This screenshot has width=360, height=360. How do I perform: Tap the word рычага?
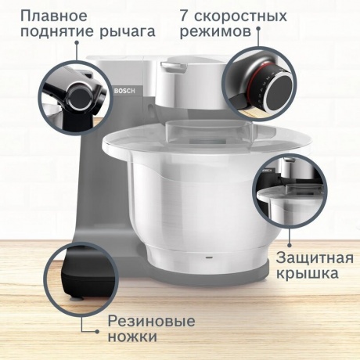(127, 33)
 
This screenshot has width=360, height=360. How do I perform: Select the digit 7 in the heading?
(185, 16)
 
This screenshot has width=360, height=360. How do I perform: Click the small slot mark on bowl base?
(207, 256)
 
